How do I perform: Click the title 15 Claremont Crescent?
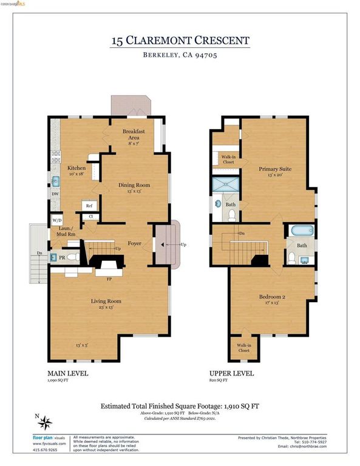pyautogui.click(x=180, y=41)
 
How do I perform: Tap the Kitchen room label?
pyautogui.click(x=76, y=168)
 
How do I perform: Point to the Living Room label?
pyautogui.click(x=106, y=300)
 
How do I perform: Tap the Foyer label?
pyautogui.click(x=134, y=244)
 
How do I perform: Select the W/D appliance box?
pyautogui.click(x=57, y=220)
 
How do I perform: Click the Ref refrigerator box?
pyautogui.click(x=88, y=206)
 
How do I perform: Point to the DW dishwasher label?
pyautogui.click(x=55, y=194)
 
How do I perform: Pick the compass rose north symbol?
pyautogui.click(x=47, y=420)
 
